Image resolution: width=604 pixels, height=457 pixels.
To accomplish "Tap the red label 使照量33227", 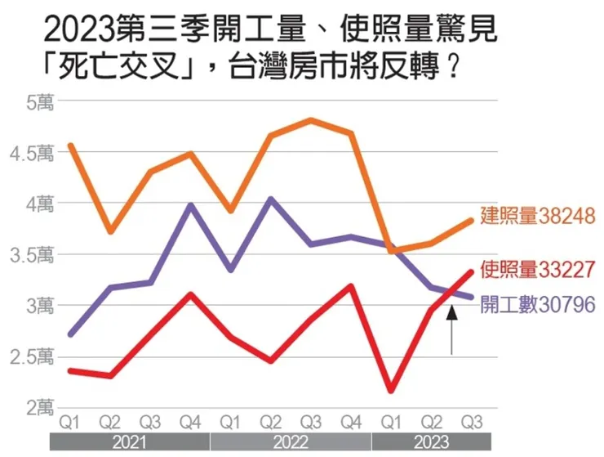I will (x=535, y=268).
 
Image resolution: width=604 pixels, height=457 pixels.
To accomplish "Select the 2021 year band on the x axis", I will (x=129, y=442).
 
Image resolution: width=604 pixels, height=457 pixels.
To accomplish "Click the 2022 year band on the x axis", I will (x=291, y=442).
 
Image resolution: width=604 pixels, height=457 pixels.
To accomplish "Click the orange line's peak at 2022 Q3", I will (x=312, y=120).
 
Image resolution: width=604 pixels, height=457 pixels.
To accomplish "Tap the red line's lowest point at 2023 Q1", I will (x=392, y=391).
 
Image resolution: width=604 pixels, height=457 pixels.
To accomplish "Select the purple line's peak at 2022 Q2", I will (x=271, y=199).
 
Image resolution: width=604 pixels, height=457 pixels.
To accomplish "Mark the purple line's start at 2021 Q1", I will (x=72, y=334).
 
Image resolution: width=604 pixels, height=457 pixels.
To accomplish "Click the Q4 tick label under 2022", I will (x=352, y=423).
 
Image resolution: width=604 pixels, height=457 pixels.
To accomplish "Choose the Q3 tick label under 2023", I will (x=471, y=423).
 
